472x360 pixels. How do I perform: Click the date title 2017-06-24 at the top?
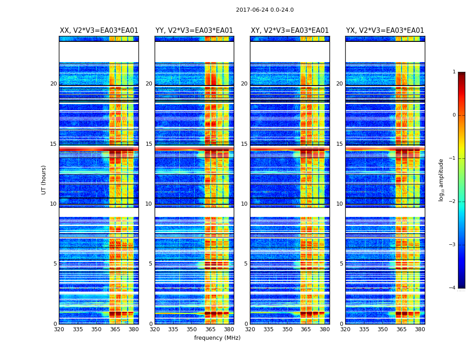[265, 10]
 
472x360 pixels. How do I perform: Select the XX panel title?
[99, 31]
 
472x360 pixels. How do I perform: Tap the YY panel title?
[194, 31]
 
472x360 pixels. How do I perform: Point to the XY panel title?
[290, 31]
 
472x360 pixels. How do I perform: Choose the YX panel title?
[385, 31]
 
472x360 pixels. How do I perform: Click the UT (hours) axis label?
[44, 180]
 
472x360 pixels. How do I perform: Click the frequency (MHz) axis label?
[217, 338]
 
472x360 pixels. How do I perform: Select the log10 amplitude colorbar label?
[441, 180]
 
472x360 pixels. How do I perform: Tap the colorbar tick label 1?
[454, 72]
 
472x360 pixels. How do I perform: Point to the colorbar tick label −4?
[453, 288]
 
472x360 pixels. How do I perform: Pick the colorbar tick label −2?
[453, 202]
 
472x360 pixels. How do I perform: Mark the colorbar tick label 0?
[454, 115]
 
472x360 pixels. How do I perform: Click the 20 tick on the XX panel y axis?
[53, 84]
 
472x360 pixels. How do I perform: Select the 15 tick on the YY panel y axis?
[149, 144]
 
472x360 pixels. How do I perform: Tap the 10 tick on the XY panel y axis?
[244, 204]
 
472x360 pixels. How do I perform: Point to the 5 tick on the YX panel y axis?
[341, 264]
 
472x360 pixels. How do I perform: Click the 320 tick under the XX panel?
[59, 329]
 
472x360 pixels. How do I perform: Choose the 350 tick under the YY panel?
[192, 329]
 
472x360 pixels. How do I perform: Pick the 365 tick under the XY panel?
[306, 329]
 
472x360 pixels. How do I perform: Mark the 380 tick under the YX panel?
[420, 329]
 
